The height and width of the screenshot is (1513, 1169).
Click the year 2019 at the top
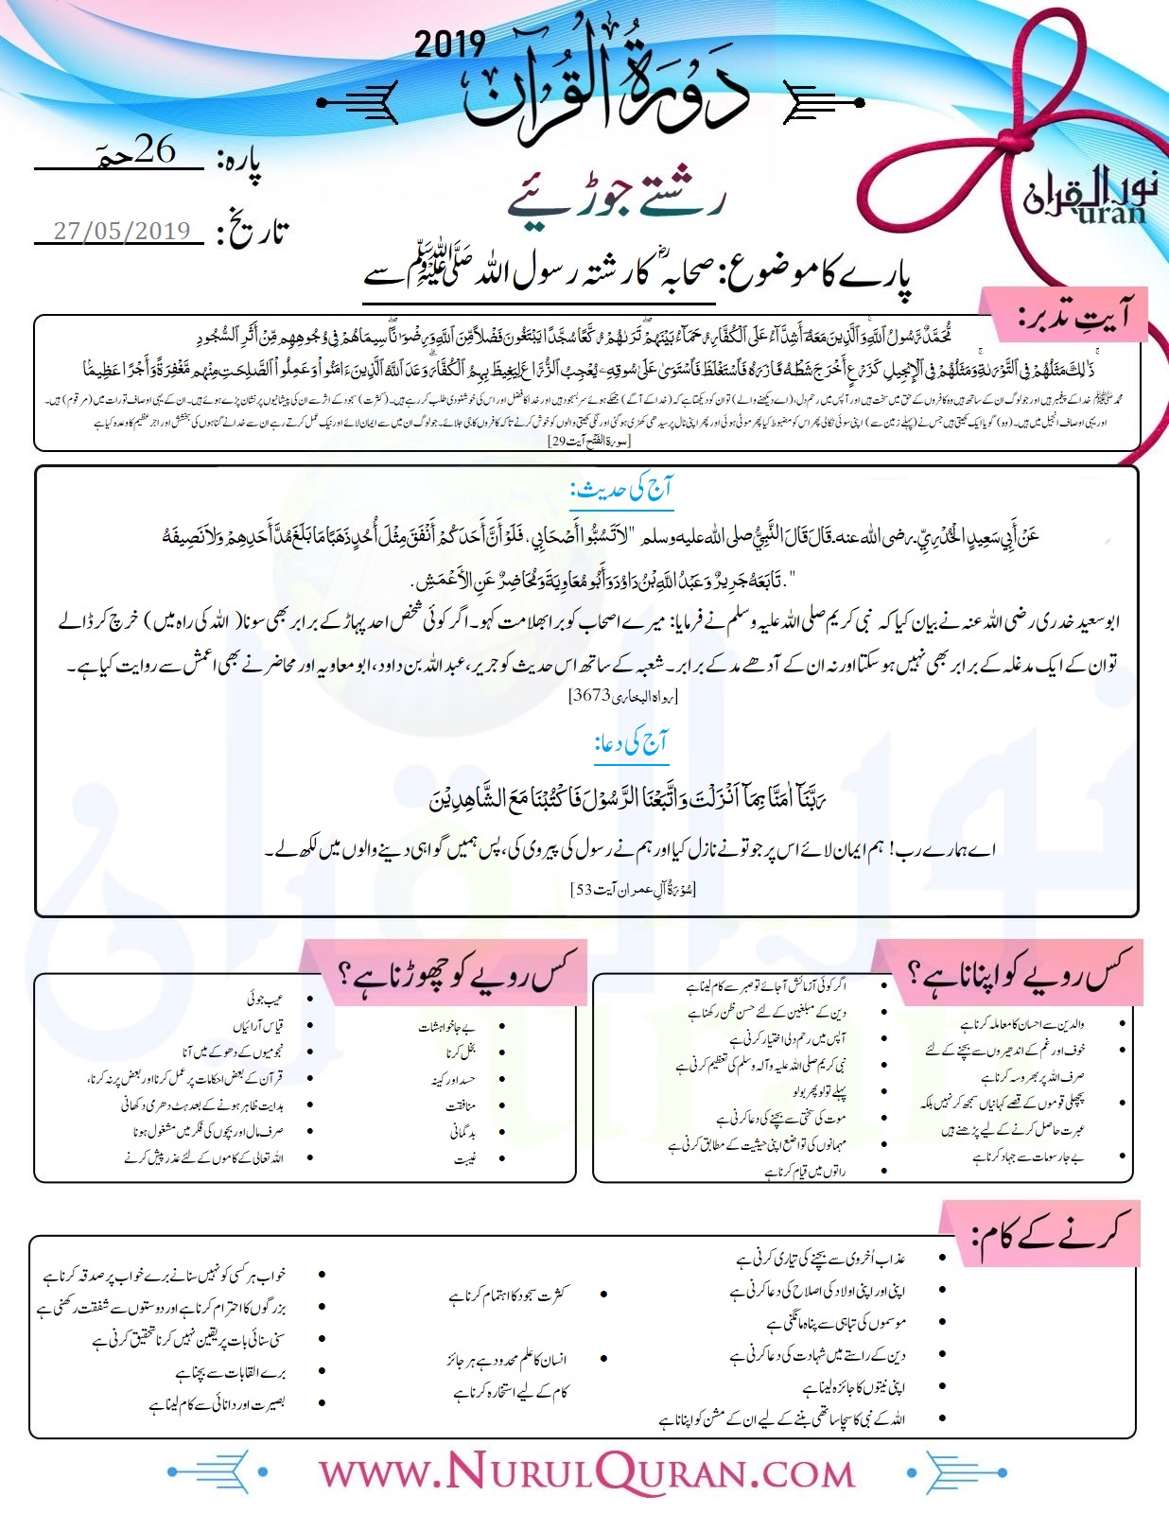(x=449, y=44)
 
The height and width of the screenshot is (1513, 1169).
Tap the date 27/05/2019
(x=122, y=231)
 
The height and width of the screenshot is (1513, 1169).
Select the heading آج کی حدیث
(x=620, y=490)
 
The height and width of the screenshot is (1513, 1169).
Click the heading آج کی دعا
(x=631, y=743)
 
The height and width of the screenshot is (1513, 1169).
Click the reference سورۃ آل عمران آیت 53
(x=633, y=889)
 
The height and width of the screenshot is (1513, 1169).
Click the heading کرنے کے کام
(x=1051, y=1233)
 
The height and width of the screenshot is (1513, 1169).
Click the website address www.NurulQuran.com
(x=585, y=1472)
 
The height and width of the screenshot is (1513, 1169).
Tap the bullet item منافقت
(x=461, y=1105)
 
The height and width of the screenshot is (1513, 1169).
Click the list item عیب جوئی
(x=264, y=998)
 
